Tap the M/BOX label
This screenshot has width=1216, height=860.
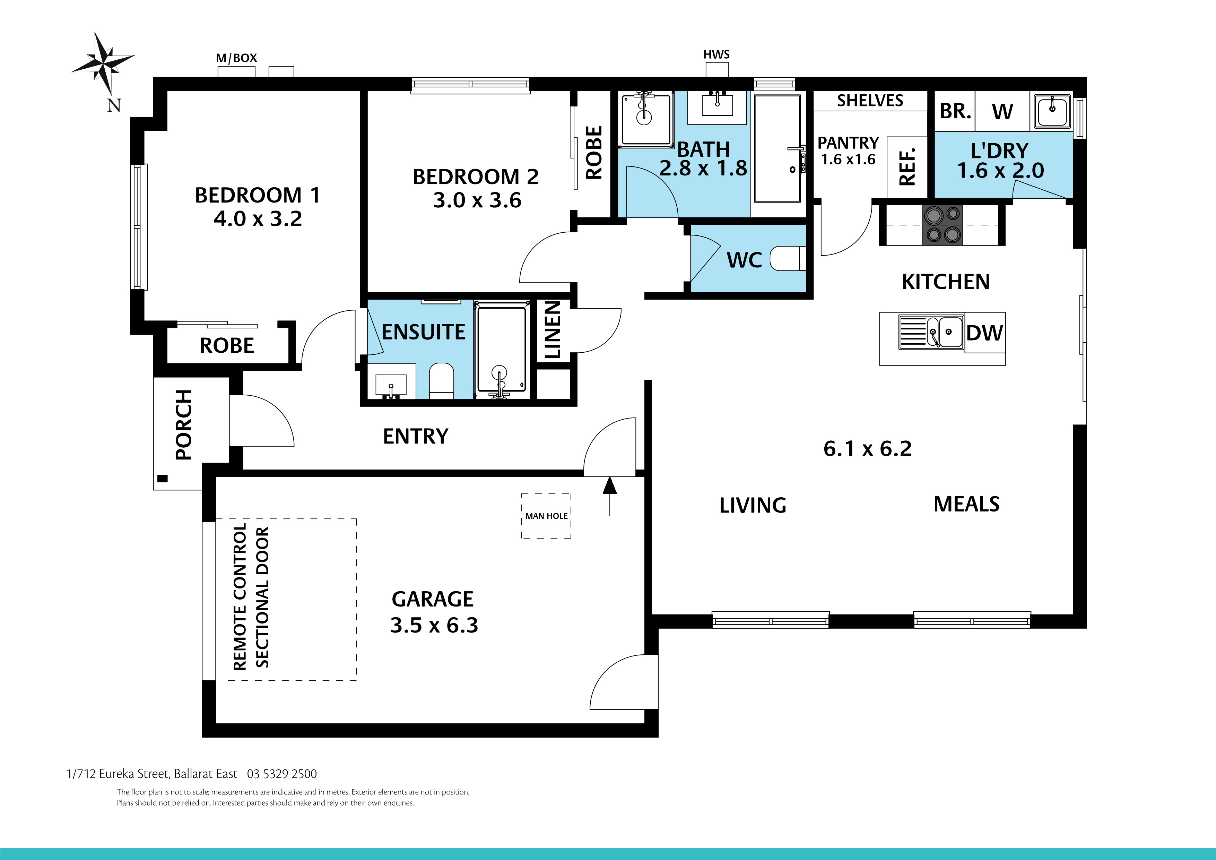(236, 58)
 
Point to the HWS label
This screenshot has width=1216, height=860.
(716, 54)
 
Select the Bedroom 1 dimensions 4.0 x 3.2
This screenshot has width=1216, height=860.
(258, 219)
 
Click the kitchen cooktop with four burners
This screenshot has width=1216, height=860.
(942, 225)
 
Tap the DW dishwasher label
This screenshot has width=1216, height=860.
(984, 333)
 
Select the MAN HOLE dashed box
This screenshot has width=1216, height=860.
(546, 516)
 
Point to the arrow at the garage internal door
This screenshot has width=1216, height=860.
(610, 493)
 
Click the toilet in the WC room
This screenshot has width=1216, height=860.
(788, 259)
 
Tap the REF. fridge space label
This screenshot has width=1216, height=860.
(907, 167)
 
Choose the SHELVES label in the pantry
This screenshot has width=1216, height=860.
(870, 101)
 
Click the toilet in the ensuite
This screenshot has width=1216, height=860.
(441, 380)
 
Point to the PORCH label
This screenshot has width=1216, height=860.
(184, 424)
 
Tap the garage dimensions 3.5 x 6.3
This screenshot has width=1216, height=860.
(434, 625)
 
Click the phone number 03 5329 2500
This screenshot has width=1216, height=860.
(282, 774)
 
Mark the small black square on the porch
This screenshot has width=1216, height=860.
(163, 479)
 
